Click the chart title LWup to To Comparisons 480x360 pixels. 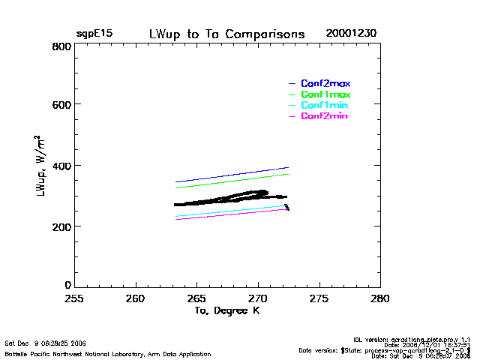pos(226,34)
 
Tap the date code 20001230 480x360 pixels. pos(351,34)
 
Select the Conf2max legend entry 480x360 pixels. pos(325,83)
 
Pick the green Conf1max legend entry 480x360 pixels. pos(325,94)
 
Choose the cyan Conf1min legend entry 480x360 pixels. pos(324,106)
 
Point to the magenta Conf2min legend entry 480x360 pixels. pos(324,116)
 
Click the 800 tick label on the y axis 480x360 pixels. pos(61,46)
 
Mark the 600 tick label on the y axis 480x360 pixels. pos(61,105)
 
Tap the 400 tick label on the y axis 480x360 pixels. pos(61,166)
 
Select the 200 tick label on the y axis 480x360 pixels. pos(61,226)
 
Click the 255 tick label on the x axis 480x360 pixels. pos(73,298)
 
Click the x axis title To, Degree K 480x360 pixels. pos(226,310)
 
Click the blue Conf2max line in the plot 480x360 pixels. pos(232,175)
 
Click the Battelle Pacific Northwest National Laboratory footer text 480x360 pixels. pos(108,353)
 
